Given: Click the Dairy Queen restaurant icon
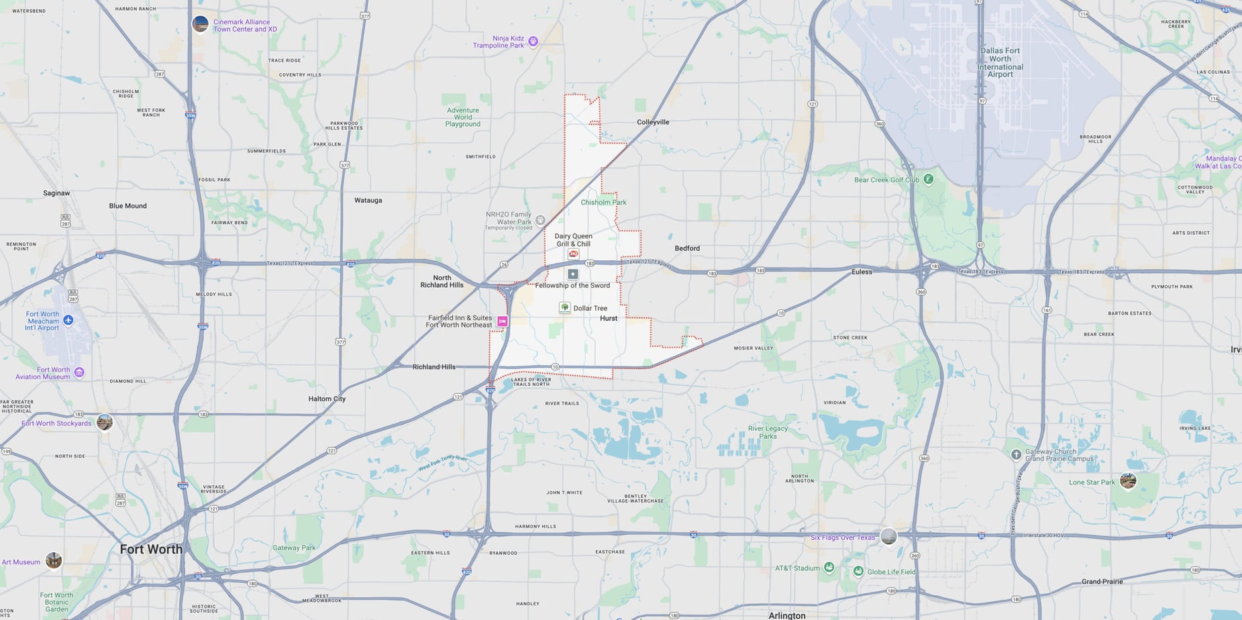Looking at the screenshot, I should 574,254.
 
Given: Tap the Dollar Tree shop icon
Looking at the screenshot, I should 565,307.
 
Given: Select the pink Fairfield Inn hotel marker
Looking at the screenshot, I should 502,321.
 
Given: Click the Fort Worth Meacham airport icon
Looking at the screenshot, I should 68,320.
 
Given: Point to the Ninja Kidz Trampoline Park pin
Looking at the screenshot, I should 533,42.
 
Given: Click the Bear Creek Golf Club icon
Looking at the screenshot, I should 929,179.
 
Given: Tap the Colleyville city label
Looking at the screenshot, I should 653,122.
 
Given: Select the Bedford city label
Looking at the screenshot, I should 687,248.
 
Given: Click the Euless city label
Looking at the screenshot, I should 862,272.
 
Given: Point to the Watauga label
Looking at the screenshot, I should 368,200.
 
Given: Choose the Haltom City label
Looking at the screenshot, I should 327,399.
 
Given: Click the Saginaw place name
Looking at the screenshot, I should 56,193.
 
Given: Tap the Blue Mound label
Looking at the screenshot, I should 127,206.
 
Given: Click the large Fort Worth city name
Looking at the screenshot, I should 151,549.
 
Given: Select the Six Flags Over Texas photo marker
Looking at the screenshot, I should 888,536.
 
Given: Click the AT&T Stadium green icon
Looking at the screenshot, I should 829,568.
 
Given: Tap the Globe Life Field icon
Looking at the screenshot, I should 858,571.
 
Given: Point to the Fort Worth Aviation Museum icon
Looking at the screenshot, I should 79,372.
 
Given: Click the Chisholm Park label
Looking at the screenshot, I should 603,202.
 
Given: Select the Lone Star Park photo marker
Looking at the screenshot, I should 1128,480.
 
